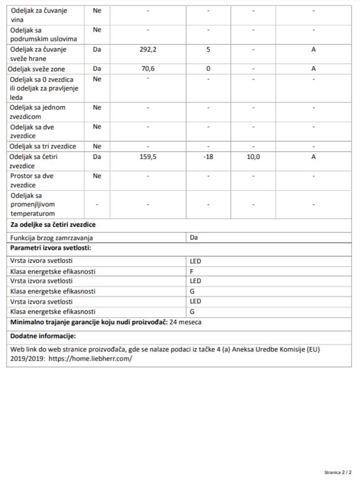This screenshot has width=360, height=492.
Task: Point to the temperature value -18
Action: point(208,157)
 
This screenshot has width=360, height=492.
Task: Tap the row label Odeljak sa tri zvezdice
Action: point(43,146)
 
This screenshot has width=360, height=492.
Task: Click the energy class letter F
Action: point(192,271)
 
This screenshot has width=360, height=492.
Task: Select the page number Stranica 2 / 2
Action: point(338,472)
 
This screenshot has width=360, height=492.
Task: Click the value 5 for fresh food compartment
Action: point(208,50)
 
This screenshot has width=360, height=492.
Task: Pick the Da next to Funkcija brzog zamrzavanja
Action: point(194,237)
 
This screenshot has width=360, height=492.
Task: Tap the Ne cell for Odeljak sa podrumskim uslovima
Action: point(97,30)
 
